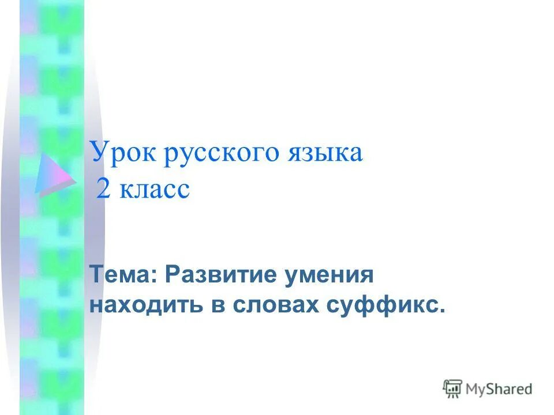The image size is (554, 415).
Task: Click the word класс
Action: coord(155,190)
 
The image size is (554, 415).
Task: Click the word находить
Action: coord(147,305)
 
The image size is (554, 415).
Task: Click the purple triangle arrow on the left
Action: coord(54,173)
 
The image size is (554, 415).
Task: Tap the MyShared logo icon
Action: coord(452,389)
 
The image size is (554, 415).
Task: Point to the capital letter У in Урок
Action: coord(99,153)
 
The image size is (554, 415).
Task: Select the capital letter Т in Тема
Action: coord(96,275)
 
